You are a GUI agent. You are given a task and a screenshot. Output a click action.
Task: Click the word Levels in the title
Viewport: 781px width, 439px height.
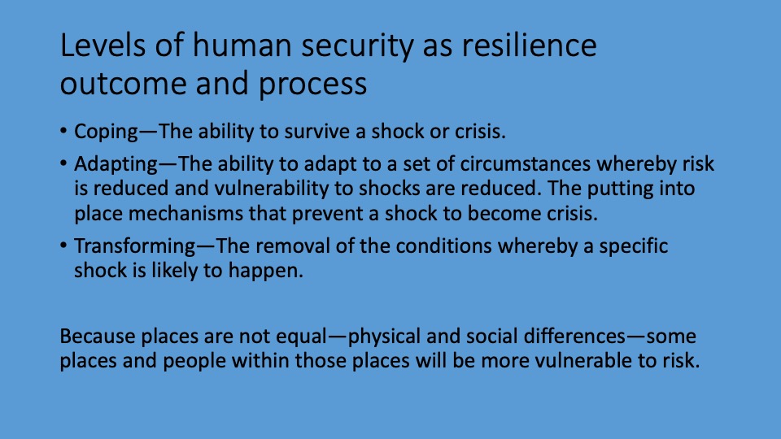coord(103,45)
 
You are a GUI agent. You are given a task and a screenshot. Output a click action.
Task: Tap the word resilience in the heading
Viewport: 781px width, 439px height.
coord(529,45)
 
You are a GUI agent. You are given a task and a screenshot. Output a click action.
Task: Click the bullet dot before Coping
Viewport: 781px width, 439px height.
coord(63,131)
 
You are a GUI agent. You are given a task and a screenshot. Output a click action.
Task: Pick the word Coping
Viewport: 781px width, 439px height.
coord(106,132)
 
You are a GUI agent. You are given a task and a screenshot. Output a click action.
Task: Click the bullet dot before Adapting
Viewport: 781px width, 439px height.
coord(63,163)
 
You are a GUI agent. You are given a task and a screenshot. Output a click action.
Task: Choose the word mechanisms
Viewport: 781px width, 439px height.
coord(185,214)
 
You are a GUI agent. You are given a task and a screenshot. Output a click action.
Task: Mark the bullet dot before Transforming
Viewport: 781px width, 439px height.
coord(63,246)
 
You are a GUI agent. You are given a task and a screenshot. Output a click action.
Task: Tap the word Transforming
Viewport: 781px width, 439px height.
coord(135,246)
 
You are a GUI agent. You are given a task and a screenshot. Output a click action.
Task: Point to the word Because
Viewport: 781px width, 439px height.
coord(97,337)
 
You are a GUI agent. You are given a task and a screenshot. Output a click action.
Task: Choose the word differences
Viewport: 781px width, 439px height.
coord(574,337)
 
